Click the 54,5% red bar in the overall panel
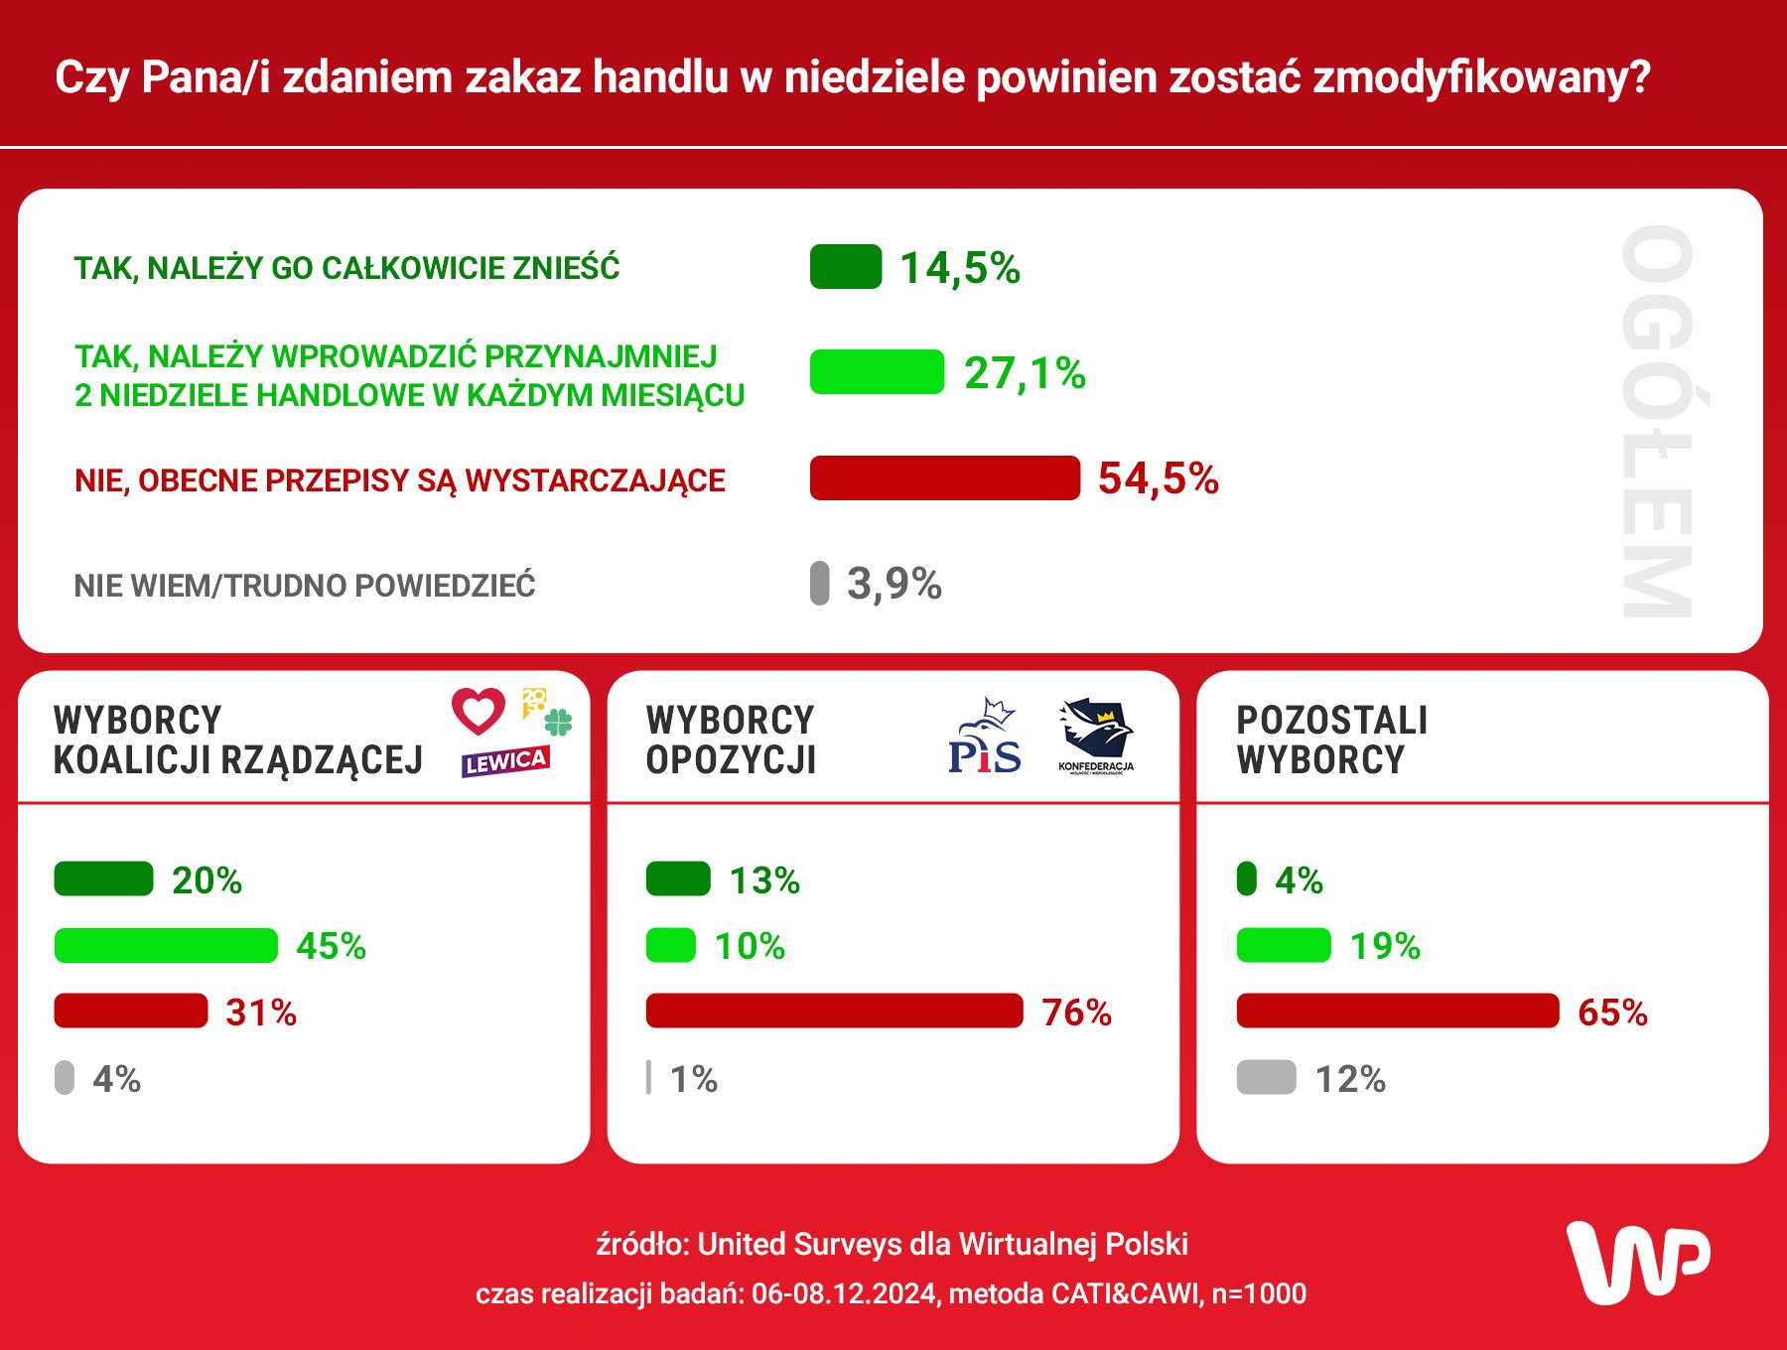944,477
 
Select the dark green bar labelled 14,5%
846,266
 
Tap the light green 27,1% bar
877,372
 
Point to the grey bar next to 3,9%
819,583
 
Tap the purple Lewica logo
505,761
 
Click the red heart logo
479,711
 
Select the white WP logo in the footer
1637,1262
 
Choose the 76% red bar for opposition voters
834,1011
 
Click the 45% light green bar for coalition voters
166,945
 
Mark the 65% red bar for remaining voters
1397,1011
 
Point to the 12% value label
1350,1079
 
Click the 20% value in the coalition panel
206,880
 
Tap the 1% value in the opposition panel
694,1079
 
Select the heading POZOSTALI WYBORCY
1331,740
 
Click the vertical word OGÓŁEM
1657,422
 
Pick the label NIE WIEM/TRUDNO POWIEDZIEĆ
305,586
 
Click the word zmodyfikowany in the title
1481,77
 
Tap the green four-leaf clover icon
559,722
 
